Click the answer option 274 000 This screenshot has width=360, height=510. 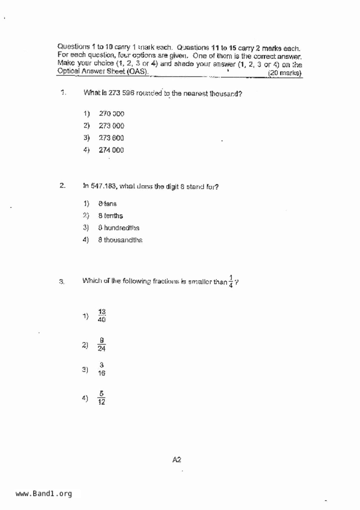[111, 150]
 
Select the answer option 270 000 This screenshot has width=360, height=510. [111, 114]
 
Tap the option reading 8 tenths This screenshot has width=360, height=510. [110, 216]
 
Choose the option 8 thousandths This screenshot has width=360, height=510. [120, 240]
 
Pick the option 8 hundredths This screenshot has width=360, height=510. [119, 228]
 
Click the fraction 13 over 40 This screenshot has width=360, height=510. [102, 316]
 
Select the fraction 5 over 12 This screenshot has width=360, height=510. [101, 398]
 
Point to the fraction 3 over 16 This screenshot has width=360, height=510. [101, 369]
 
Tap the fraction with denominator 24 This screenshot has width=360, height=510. [101, 345]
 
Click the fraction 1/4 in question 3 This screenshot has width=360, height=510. [231, 281]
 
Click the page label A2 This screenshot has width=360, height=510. [177, 460]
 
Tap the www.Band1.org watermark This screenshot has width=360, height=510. [44, 494]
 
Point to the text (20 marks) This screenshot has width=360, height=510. [285, 73]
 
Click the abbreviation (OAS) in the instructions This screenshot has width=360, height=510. [137, 71]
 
